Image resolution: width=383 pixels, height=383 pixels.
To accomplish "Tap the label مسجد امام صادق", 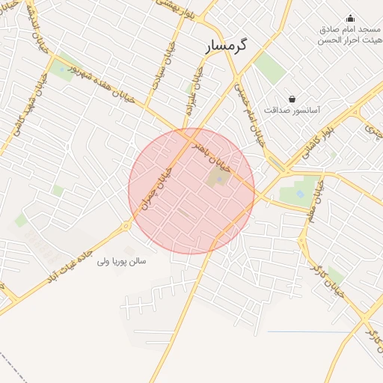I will click(351, 29).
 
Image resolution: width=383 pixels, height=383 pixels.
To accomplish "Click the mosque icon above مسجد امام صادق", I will click(350, 18).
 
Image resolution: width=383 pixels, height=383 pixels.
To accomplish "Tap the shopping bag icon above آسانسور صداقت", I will click(292, 99).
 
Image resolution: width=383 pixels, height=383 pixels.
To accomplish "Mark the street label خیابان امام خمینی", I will click(252, 113).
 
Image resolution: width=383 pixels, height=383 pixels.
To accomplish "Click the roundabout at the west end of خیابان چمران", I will click(127, 224).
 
